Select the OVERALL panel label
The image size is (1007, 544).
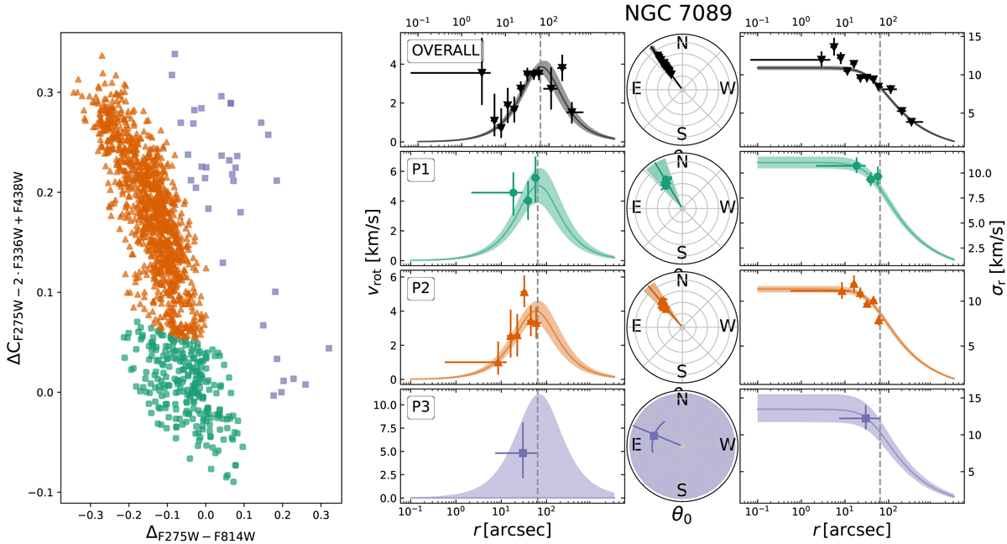444,51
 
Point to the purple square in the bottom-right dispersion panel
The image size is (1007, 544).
865,418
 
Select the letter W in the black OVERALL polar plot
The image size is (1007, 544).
721,90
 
